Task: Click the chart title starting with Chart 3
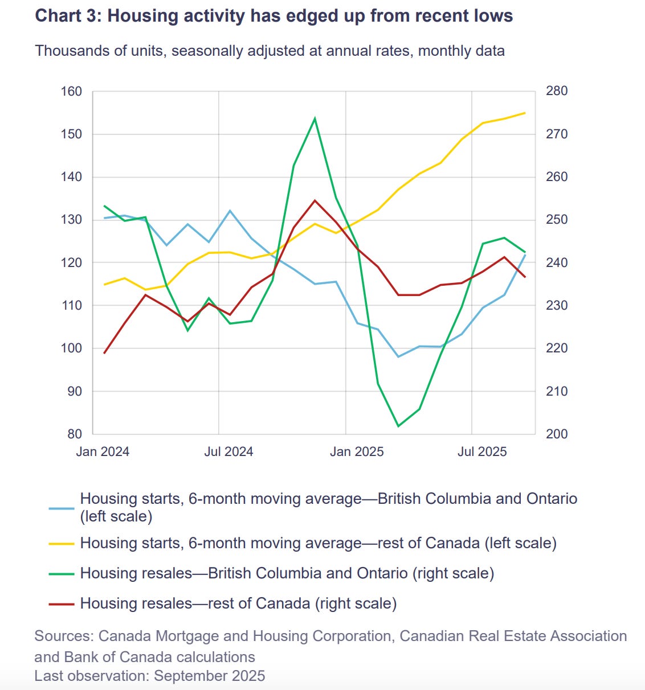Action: (273, 15)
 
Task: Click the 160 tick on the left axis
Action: (71, 91)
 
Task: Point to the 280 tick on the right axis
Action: (557, 91)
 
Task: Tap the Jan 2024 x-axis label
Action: (103, 451)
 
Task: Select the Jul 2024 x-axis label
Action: (228, 451)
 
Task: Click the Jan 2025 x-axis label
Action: (357, 451)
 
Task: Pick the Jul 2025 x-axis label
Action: (482, 451)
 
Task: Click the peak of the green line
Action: (315, 118)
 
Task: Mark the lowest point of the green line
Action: (398, 426)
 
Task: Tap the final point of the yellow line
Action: (525, 113)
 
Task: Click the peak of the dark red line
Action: (315, 200)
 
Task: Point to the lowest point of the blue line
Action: (398, 356)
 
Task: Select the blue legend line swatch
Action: (62, 508)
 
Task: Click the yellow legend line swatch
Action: (62, 543)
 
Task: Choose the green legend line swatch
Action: (62, 573)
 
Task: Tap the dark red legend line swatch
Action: (62, 603)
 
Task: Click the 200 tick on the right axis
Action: (557, 434)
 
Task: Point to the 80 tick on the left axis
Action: (75, 434)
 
